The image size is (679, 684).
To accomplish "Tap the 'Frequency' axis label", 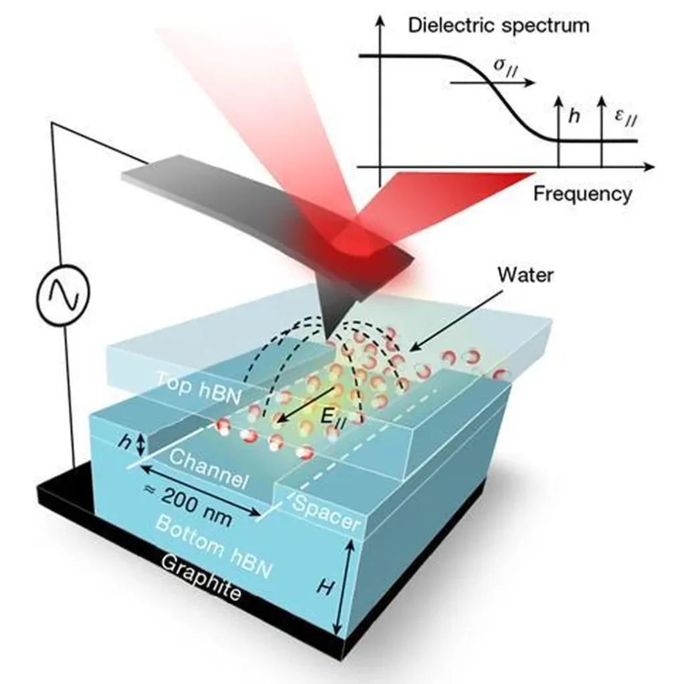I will coord(582,194).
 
